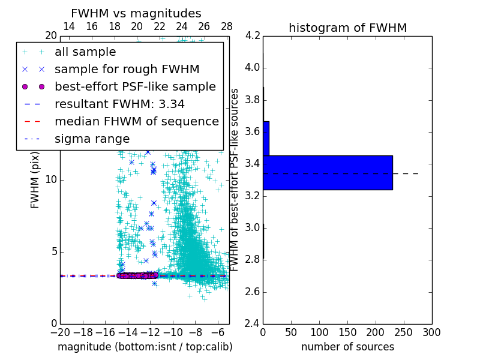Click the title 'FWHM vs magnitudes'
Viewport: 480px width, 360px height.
[136, 13]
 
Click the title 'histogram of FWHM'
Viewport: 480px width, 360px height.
[347, 28]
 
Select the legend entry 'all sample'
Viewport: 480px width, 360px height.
[85, 52]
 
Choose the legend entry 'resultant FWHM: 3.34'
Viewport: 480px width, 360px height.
[119, 104]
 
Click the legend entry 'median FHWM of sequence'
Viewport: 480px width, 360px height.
[136, 121]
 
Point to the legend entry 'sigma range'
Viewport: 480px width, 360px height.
[92, 139]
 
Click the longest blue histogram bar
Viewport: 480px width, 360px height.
[328, 173]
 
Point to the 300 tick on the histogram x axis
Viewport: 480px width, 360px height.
[432, 332]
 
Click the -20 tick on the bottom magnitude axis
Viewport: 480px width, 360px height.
[60, 332]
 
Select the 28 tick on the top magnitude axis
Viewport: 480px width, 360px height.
[227, 26]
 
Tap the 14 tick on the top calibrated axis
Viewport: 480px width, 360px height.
[69, 26]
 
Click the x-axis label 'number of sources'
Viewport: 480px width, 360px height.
[347, 347]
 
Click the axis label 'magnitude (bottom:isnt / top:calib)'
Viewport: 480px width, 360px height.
[145, 347]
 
